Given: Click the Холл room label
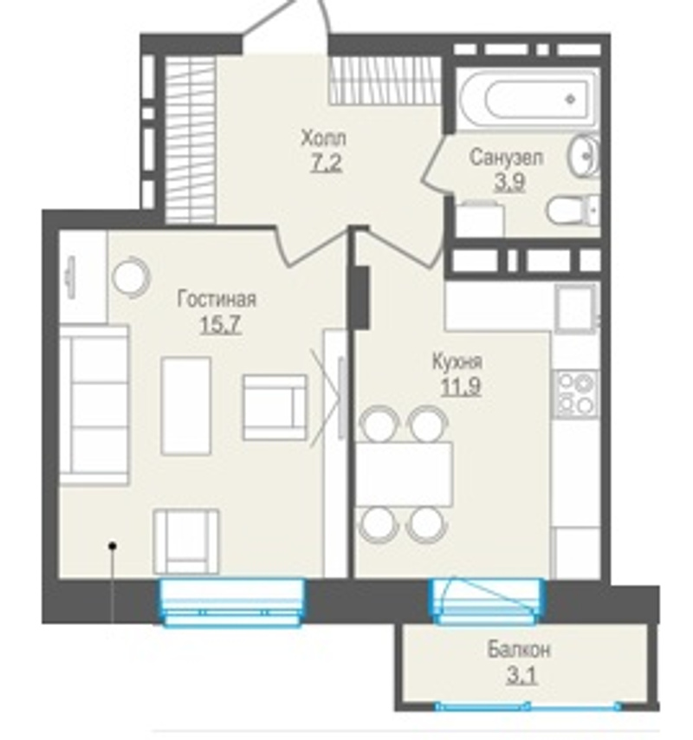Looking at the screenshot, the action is (324, 139).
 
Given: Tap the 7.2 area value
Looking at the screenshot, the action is (326, 164).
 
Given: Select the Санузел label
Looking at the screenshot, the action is (506, 158).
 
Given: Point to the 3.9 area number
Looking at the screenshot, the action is (509, 182).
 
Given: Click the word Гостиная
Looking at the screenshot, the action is (217, 299).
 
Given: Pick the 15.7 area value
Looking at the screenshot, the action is (221, 324).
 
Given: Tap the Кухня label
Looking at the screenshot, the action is (457, 362).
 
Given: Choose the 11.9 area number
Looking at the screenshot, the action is (461, 386).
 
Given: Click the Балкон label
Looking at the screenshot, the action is (519, 650).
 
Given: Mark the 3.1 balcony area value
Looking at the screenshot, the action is (521, 675).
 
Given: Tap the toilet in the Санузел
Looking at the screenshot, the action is (573, 210).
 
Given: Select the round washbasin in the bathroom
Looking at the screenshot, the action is (584, 154).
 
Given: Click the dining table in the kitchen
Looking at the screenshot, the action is (404, 474).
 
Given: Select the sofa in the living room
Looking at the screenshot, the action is (94, 405).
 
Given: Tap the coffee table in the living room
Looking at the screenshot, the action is (185, 406).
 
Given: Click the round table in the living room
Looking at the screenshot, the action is (131, 277).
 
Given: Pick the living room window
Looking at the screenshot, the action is (231, 603).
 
